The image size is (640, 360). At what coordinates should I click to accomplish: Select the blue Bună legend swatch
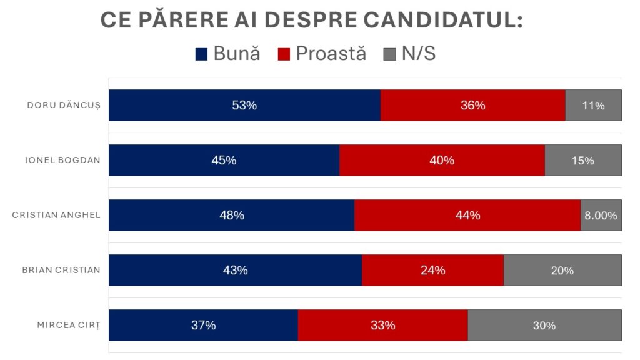click(x=201, y=54)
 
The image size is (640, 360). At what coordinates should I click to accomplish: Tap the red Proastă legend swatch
click(x=284, y=54)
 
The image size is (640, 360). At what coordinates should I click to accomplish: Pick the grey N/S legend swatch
click(x=389, y=54)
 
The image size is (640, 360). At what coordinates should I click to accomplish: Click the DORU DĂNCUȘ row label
click(x=64, y=105)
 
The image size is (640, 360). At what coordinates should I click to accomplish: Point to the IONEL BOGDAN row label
click(x=62, y=160)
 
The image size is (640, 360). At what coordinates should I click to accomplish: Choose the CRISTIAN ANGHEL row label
click(x=56, y=215)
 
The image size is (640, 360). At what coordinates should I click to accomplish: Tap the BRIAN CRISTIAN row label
click(x=61, y=270)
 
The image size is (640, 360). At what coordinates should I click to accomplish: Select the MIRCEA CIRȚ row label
click(x=69, y=325)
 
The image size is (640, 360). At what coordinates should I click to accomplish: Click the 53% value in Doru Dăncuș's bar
click(x=244, y=105)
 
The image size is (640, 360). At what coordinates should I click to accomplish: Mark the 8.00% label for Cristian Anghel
click(x=601, y=216)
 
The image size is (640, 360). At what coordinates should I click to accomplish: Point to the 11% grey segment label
click(x=593, y=106)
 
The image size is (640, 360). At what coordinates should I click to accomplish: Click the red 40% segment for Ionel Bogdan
click(x=442, y=160)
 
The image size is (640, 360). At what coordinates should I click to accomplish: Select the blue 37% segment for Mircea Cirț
click(x=203, y=325)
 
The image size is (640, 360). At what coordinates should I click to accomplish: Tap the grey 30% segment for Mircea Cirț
click(x=544, y=325)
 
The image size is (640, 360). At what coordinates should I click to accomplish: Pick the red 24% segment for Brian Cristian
click(x=432, y=270)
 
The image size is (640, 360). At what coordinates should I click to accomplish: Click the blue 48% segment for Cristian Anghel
click(x=232, y=215)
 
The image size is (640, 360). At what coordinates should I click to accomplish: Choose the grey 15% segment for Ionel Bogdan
click(x=582, y=161)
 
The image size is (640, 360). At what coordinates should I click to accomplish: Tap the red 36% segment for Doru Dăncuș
click(x=472, y=105)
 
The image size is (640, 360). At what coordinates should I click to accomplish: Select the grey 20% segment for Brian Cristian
click(x=562, y=270)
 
